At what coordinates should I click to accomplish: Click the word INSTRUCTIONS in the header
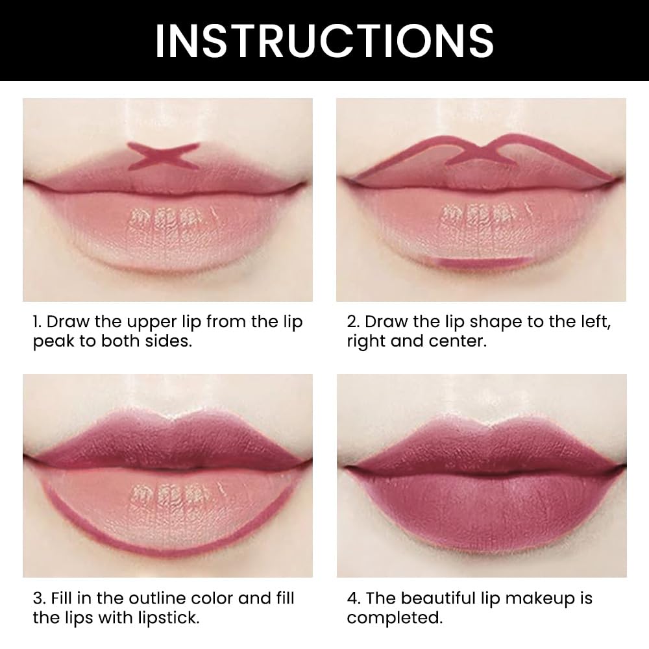[324, 40]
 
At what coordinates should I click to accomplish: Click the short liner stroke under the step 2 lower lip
[480, 262]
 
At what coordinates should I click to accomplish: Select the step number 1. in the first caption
[38, 322]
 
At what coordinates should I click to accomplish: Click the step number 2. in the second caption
[354, 322]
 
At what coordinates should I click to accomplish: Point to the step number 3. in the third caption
[40, 598]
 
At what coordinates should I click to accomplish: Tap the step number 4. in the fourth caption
[354, 598]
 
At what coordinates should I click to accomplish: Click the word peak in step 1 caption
[54, 342]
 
